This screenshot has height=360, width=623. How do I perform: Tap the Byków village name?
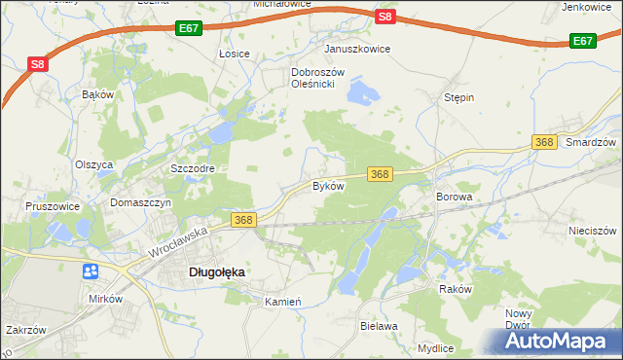[x=328, y=185]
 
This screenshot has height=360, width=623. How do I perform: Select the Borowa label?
[x=453, y=197]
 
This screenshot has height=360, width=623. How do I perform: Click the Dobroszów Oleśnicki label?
[x=313, y=78]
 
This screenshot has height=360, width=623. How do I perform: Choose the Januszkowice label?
[x=357, y=48]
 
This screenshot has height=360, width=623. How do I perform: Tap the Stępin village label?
[x=458, y=98]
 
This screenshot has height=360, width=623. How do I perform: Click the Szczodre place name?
[x=192, y=167]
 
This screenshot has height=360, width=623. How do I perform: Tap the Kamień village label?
[x=285, y=302]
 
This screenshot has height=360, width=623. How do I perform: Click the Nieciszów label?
[x=593, y=231]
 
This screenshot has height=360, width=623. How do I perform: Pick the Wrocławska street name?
[x=180, y=243]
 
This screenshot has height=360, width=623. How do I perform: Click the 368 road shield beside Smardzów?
[x=544, y=143]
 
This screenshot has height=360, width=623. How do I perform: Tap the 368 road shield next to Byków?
[x=380, y=174]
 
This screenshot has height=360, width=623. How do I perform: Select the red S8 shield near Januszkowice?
[x=385, y=17]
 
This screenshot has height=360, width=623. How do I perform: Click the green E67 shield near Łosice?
[x=190, y=30]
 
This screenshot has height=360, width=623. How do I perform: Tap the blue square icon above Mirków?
[x=92, y=271]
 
